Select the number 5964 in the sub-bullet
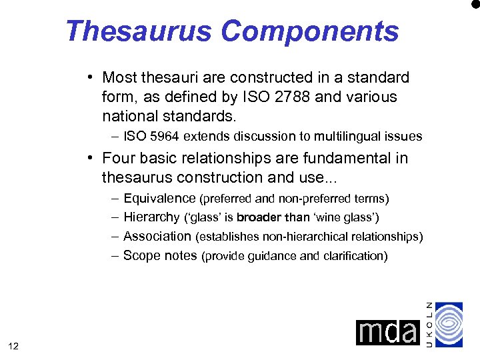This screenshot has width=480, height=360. point(163,137)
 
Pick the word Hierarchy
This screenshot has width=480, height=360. point(151,217)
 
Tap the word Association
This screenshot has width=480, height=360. point(157,236)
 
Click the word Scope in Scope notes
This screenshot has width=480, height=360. point(141,255)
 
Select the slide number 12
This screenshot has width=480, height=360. point(14,345)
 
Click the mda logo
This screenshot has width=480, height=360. point(387,332)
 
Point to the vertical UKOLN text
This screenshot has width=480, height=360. point(429,323)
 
